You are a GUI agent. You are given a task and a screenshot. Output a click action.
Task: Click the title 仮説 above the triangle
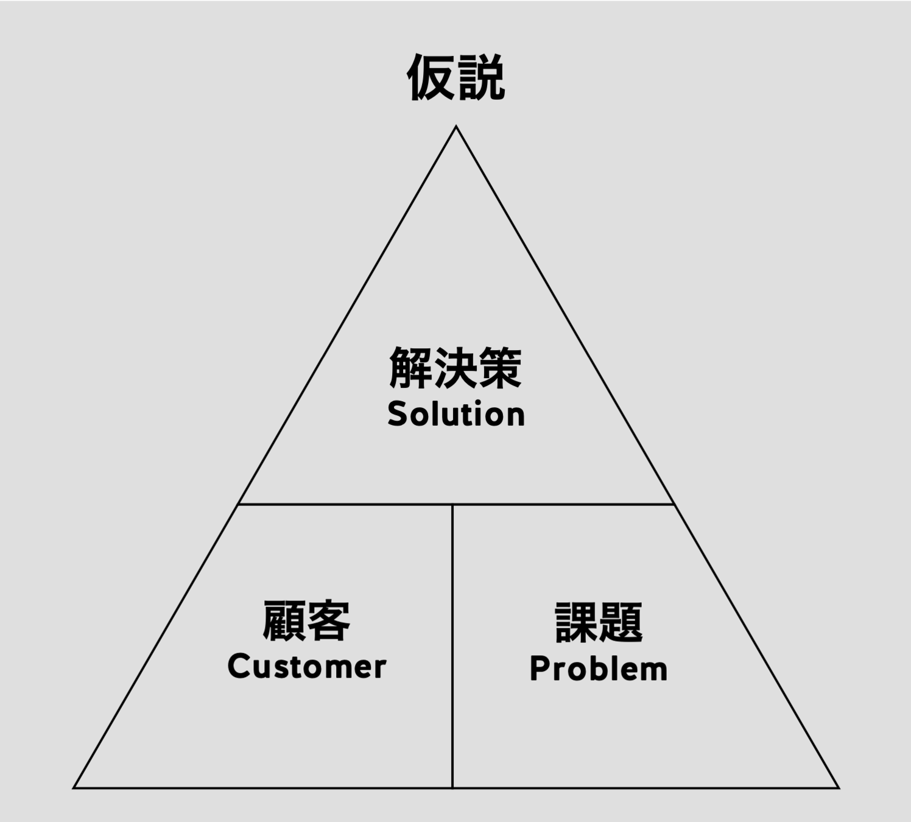pyautogui.click(x=456, y=77)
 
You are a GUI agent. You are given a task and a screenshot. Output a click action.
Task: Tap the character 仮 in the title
pyautogui.click(x=431, y=77)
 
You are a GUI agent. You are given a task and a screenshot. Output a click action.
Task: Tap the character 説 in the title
pyautogui.click(x=481, y=77)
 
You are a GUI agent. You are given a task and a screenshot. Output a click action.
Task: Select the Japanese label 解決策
pyautogui.click(x=456, y=368)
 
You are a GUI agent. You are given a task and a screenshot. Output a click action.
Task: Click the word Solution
pyautogui.click(x=456, y=414)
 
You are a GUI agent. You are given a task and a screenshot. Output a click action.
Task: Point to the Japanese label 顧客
pyautogui.click(x=306, y=620)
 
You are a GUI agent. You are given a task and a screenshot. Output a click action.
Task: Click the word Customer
pyautogui.click(x=307, y=666)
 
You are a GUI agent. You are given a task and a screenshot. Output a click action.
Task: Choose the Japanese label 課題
pyautogui.click(x=599, y=622)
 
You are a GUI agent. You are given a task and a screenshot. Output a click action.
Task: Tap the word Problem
pyautogui.click(x=599, y=669)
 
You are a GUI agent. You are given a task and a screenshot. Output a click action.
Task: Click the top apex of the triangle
pyautogui.click(x=456, y=127)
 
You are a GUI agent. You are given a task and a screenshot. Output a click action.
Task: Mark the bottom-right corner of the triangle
pyautogui.click(x=838, y=787)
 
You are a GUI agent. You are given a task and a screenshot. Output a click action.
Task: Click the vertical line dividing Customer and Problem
pyautogui.click(x=452, y=645)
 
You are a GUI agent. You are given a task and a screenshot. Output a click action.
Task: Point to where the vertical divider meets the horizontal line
pyautogui.click(x=452, y=504)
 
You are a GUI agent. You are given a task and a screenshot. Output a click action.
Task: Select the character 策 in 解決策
pyautogui.click(x=500, y=368)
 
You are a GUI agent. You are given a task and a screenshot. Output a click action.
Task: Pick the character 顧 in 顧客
pyautogui.click(x=284, y=620)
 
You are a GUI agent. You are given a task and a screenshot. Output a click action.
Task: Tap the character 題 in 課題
pyautogui.click(x=621, y=622)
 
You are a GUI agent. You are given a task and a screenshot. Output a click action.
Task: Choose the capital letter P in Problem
pyautogui.click(x=538, y=669)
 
